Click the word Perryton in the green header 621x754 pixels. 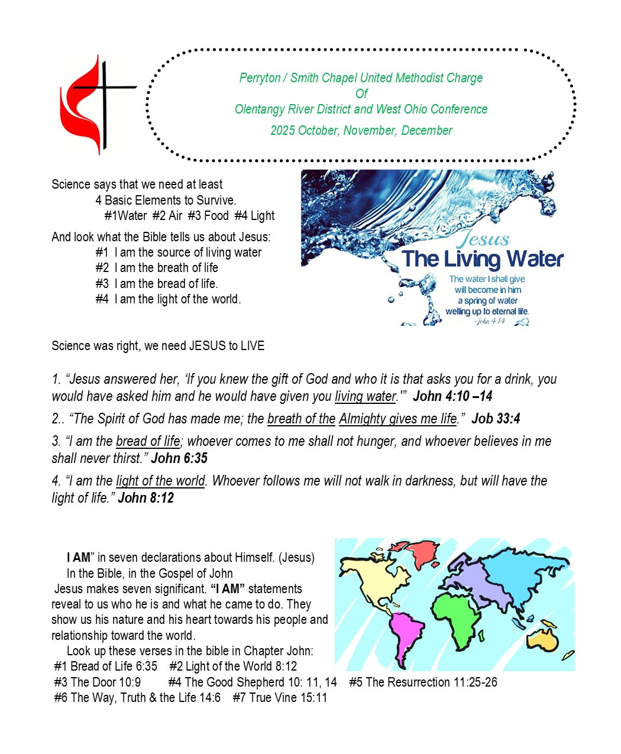(260, 78)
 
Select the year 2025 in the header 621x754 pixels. (283, 131)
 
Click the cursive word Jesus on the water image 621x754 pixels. (484, 239)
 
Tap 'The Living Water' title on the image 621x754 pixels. (482, 259)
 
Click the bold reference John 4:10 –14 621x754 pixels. (452, 396)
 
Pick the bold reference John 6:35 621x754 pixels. (179, 458)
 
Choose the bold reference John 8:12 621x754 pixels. (145, 498)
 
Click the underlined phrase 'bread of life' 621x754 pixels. (148, 441)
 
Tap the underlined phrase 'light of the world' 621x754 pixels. (160, 481)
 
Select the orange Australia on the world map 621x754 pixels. (543, 639)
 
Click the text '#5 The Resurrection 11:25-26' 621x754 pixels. (423, 682)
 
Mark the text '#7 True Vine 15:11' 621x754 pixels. (280, 698)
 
